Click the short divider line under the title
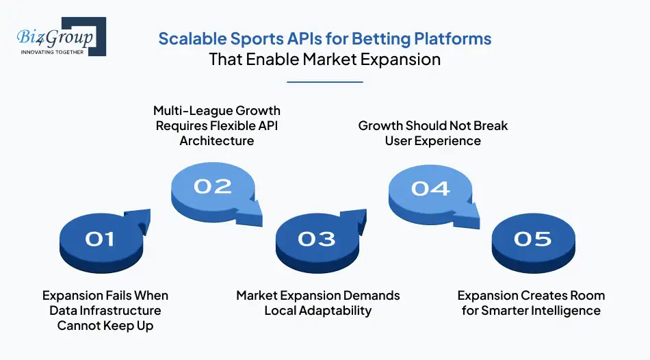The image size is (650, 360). click(324, 82)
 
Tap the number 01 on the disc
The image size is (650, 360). click(100, 238)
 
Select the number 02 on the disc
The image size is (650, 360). click(212, 186)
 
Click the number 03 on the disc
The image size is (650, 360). click(316, 238)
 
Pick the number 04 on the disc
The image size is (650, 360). click(430, 187)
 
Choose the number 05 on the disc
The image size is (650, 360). click(532, 238)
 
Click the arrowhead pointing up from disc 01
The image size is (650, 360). click(142, 218)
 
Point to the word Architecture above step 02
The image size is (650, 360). click(217, 141)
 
